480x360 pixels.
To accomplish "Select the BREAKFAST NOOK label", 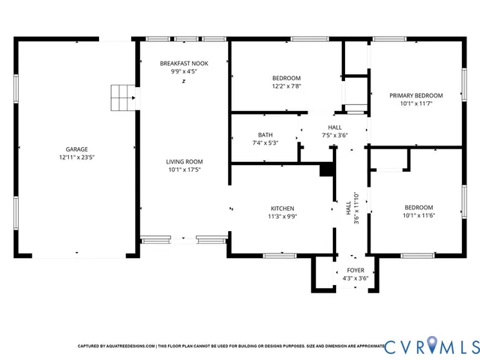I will coord(184,64).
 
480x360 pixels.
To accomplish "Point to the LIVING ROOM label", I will coord(184,161).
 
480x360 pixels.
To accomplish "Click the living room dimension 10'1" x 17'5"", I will coord(184,170).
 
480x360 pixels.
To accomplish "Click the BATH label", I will coord(265,135).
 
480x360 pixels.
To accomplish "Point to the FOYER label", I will coord(355,269).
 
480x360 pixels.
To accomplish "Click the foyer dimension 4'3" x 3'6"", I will coord(355,278).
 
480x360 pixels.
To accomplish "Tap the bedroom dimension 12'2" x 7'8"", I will coord(286,87).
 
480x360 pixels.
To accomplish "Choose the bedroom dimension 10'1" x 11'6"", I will coord(418,216).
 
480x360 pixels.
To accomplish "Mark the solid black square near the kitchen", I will coord(326,170).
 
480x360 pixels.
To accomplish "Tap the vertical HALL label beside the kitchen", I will coord(348,207).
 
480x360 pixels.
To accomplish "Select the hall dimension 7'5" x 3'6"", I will coord(334,136).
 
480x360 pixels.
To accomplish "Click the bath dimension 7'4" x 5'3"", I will coord(265,143).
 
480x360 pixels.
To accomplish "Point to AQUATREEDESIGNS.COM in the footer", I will coord(130,346).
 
